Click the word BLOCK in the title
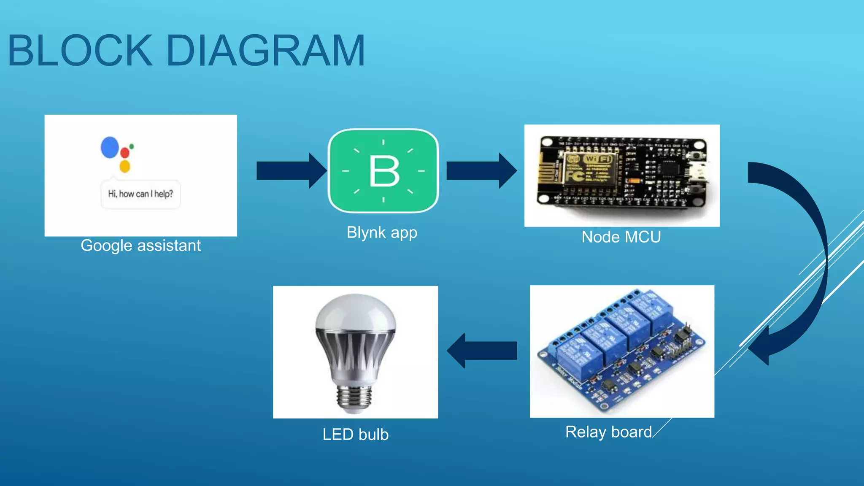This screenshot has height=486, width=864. pos(80,51)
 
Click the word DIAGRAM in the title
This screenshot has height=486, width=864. pos(266,51)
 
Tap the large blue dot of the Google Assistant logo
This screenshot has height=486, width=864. pos(110,147)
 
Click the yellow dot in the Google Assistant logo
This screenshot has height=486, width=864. pos(124,166)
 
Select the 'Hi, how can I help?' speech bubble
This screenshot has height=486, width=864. pos(140,194)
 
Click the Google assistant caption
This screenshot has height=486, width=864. pos(140,246)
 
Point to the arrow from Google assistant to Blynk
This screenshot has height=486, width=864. pos(291,170)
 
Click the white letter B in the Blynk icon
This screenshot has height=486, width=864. pos(384,171)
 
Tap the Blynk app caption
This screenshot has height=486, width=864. pos(382,232)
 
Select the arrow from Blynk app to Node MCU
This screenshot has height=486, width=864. pos(481,170)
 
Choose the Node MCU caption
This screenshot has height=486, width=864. pos(621,237)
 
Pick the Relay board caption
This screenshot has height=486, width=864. pos(608,432)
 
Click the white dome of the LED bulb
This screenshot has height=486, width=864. pos(356,314)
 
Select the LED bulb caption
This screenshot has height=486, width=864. pos(355,435)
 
